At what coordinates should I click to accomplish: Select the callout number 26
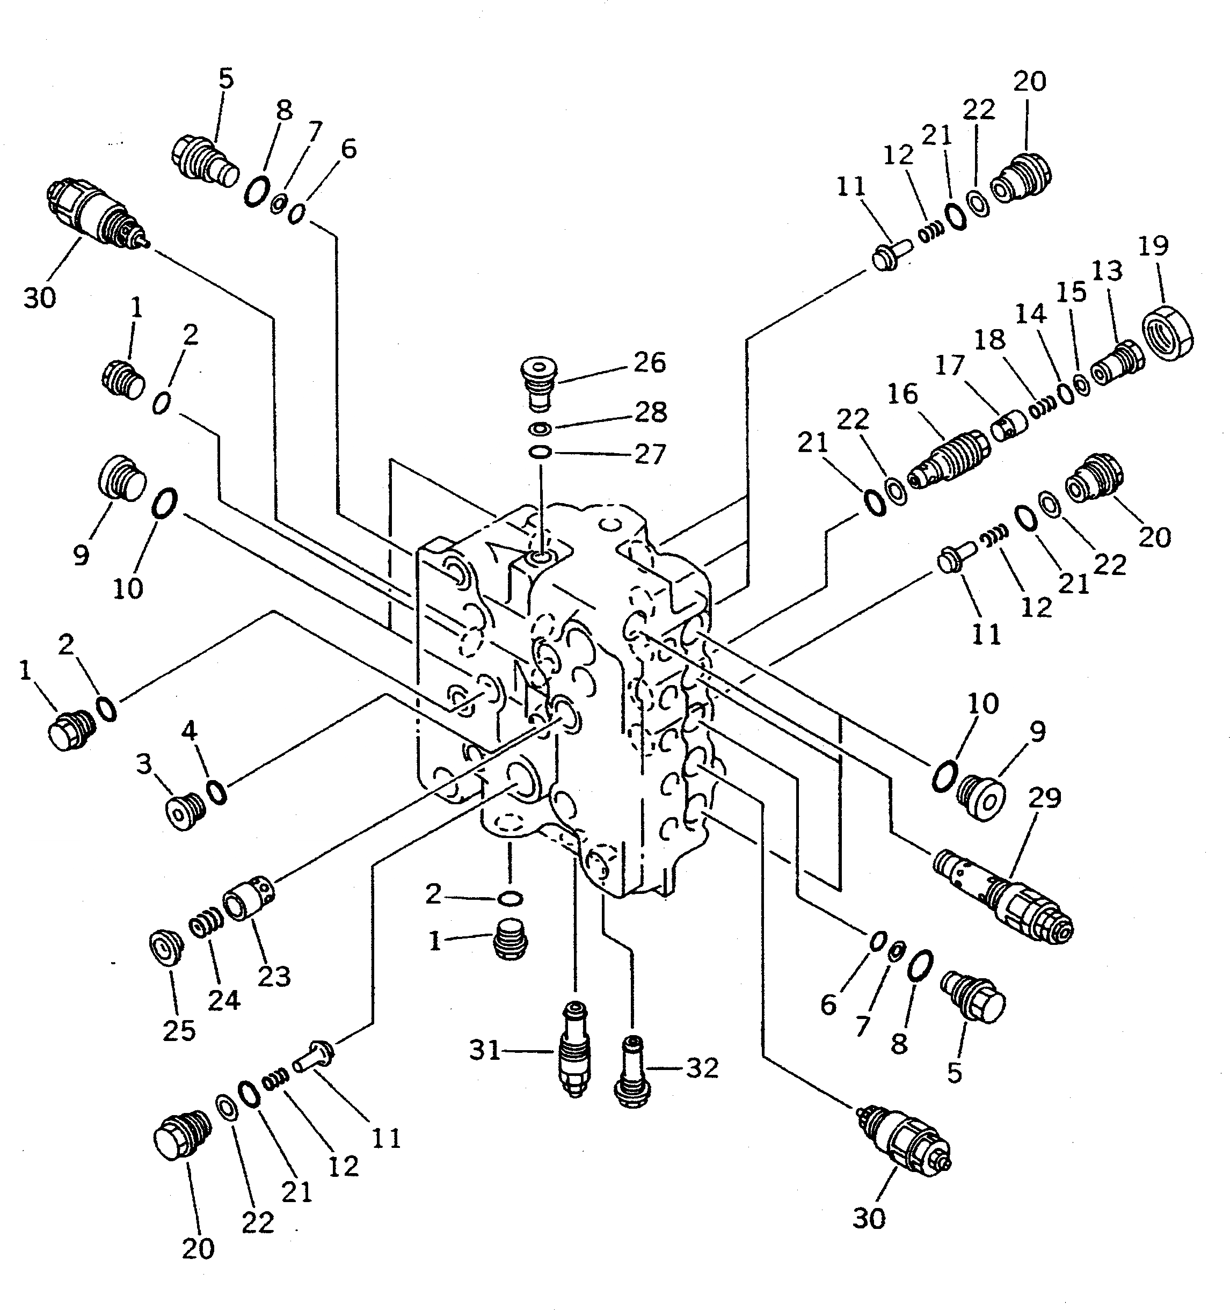(649, 362)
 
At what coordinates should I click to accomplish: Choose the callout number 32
(702, 1068)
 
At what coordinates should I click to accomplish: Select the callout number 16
(902, 394)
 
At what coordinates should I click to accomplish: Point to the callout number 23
(273, 977)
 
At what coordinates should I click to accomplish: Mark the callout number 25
(179, 1031)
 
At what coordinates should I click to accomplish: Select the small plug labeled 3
(184, 812)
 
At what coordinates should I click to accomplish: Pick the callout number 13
(1107, 271)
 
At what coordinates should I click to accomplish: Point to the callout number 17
(949, 366)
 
